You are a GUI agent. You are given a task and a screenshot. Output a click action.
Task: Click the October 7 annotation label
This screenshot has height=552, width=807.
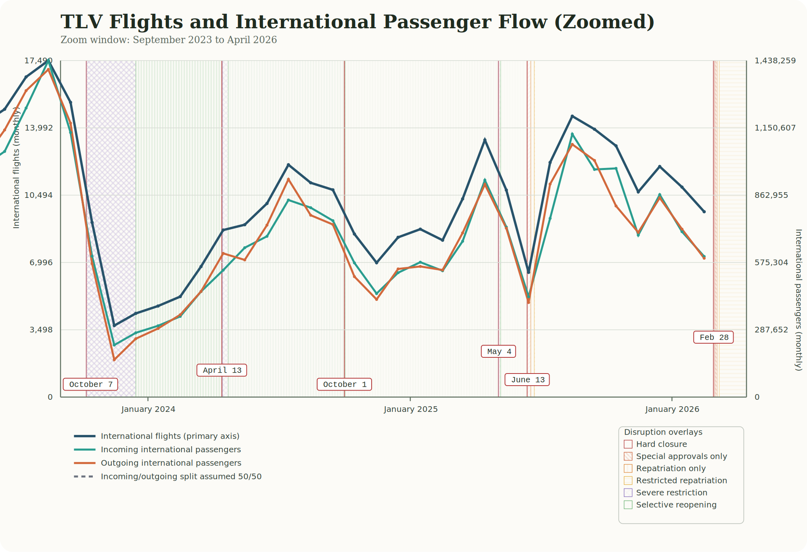click(x=90, y=384)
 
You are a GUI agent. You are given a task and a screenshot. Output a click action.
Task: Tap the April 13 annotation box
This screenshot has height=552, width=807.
click(x=222, y=370)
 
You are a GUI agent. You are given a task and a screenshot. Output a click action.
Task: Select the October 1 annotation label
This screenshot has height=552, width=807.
click(x=344, y=384)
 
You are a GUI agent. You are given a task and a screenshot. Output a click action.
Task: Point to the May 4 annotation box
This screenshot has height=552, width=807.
click(x=498, y=351)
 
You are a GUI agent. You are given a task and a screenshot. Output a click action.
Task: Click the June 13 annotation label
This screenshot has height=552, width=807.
click(x=527, y=380)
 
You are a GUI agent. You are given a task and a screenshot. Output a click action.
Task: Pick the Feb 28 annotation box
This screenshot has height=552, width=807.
click(x=713, y=337)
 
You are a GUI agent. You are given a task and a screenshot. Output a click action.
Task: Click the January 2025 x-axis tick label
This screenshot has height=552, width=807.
click(x=410, y=409)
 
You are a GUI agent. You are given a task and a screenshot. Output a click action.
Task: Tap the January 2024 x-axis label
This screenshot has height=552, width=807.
click(x=148, y=409)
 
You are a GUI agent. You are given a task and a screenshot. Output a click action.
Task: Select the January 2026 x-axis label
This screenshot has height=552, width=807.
click(x=672, y=409)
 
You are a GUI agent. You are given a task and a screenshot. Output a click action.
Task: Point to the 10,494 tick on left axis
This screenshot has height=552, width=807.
click(x=39, y=195)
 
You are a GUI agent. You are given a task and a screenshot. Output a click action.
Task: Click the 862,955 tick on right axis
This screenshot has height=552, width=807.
click(x=771, y=195)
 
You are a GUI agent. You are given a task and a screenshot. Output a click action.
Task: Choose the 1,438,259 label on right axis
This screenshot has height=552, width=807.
click(x=775, y=61)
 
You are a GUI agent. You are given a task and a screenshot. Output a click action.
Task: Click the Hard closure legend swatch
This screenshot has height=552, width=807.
click(x=628, y=444)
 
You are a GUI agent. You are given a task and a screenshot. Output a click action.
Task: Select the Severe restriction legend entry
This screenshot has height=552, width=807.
click(x=671, y=493)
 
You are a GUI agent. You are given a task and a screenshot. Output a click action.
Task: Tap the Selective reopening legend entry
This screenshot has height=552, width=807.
click(x=676, y=505)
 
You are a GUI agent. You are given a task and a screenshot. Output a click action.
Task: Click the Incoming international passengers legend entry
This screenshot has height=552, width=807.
click(x=170, y=449)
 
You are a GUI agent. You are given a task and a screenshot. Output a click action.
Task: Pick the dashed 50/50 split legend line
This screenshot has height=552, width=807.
click(x=84, y=476)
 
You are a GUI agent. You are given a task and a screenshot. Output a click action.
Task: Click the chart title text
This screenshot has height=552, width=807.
click(x=357, y=22)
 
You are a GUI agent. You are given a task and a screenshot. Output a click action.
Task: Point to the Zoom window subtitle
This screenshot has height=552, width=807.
click(x=169, y=40)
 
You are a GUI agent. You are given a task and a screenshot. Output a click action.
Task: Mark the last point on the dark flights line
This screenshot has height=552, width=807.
click(x=704, y=212)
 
